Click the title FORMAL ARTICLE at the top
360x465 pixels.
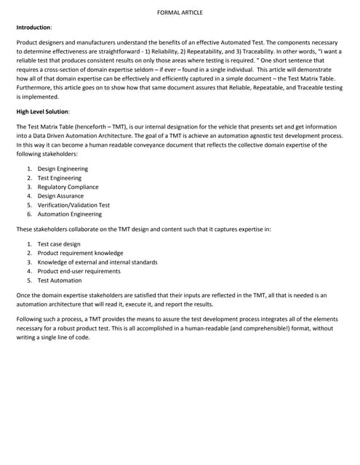(x=180, y=12)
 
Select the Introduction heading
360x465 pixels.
(x=34, y=27)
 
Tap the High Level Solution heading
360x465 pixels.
(x=43, y=111)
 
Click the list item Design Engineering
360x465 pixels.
(x=63, y=169)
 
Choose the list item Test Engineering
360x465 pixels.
(x=60, y=178)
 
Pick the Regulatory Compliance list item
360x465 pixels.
(x=69, y=187)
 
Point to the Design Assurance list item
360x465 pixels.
(x=61, y=196)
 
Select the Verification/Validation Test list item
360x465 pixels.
(x=73, y=205)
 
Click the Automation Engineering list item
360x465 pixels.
(x=70, y=214)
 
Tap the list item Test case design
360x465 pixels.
(x=59, y=244)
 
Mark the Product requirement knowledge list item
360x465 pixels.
(x=75, y=253)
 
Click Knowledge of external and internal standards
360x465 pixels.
(x=97, y=262)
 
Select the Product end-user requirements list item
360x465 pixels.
(x=79, y=271)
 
